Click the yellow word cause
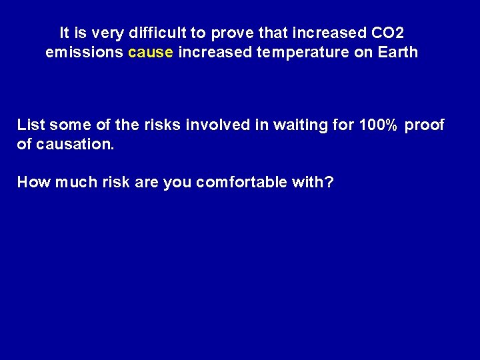151,52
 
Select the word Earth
398,52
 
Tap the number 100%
379,125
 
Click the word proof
425,125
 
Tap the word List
31,125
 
